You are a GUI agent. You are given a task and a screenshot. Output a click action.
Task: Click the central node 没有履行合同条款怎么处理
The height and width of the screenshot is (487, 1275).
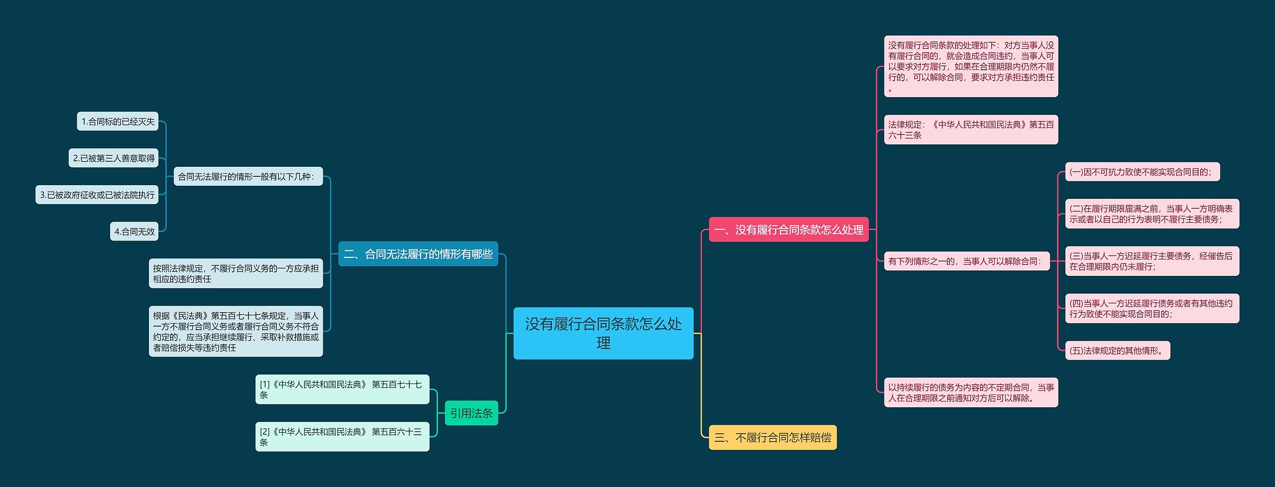coord(603,333)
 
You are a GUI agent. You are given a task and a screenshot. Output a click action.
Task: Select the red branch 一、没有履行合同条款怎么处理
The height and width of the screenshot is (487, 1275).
coord(788,230)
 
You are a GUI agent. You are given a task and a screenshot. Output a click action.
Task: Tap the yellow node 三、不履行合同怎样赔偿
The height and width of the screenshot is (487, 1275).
coord(772,437)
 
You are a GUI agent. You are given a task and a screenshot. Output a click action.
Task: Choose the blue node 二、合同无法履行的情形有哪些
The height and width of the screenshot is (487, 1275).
coord(418,254)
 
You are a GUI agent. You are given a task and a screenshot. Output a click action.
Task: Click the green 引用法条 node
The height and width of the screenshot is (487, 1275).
coord(471,413)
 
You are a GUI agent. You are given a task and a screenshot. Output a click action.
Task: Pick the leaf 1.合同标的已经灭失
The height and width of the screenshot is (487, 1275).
coord(118,122)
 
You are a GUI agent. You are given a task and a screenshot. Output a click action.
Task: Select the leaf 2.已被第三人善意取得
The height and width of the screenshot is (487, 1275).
coord(114,158)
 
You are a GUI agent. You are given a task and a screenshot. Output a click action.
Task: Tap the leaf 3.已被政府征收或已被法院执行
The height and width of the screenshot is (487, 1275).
coord(97,195)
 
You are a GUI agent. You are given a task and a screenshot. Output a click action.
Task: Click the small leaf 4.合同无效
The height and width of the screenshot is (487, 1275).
coord(134,232)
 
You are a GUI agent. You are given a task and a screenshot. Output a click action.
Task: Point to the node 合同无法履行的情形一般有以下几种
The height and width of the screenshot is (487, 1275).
coord(248,176)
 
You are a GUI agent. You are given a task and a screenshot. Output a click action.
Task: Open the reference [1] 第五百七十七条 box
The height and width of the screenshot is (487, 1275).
coord(342,389)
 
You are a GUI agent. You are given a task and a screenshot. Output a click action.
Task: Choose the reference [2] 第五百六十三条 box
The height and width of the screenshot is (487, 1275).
coord(342,437)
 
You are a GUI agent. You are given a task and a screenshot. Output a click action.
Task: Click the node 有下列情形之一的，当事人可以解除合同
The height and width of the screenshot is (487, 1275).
coord(967,261)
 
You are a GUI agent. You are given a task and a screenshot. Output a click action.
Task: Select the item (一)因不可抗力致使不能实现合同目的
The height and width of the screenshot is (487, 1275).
coord(1142,172)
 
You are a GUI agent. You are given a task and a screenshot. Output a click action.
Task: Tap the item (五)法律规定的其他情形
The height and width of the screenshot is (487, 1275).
coord(1117,351)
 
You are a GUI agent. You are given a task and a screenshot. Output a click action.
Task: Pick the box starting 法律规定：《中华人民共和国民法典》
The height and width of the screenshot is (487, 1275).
coord(971,130)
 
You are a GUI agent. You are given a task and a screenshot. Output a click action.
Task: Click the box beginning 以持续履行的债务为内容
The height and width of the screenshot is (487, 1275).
coord(971,392)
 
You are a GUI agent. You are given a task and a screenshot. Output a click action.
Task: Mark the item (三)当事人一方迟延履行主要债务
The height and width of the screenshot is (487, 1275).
coord(1151,261)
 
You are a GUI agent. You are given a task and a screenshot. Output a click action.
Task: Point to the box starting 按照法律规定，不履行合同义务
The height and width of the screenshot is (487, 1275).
coord(236,273)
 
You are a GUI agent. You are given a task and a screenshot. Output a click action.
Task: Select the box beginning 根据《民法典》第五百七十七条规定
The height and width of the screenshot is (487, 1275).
coord(236,331)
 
